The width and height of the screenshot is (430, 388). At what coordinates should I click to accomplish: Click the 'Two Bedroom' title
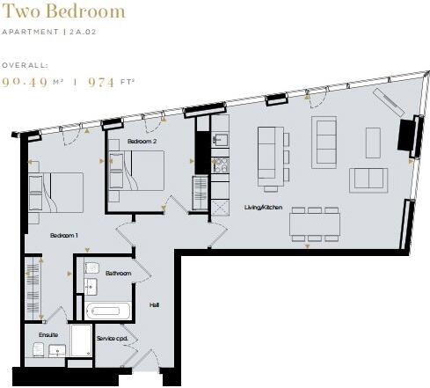pyautogui.click(x=63, y=12)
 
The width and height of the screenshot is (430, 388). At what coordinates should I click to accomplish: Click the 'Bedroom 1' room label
pyautogui.click(x=64, y=236)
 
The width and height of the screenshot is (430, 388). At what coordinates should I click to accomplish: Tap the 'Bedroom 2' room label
pyautogui.click(x=141, y=142)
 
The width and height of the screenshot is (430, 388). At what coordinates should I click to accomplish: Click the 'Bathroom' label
pyautogui.click(x=118, y=274)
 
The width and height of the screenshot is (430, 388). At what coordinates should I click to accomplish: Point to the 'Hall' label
pyautogui.click(x=155, y=304)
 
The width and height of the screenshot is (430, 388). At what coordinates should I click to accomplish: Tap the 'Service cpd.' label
pyautogui.click(x=112, y=339)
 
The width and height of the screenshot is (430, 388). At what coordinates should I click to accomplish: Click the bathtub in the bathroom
pyautogui.click(x=108, y=311)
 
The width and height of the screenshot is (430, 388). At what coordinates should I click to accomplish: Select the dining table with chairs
pyautogui.click(x=315, y=224)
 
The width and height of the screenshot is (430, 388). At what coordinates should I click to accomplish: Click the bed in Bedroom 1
pyautogui.click(x=56, y=191)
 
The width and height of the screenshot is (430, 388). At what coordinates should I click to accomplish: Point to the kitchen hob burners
pyautogui.click(x=221, y=165)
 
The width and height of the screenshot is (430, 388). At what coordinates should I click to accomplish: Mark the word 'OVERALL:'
pyautogui.click(x=25, y=65)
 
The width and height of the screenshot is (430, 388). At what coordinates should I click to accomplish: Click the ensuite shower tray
pyautogui.click(x=81, y=341)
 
